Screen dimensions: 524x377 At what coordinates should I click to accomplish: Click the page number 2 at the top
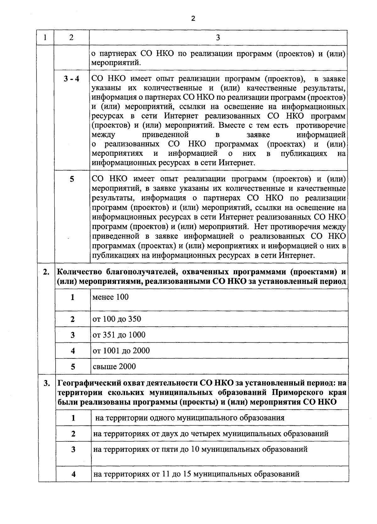(x=193, y=19)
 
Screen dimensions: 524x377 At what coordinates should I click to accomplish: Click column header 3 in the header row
(x=218, y=38)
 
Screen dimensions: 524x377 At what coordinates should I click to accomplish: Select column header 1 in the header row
(x=46, y=38)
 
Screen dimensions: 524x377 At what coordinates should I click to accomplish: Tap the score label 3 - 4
(x=72, y=79)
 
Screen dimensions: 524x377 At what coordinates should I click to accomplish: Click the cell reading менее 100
(x=111, y=297)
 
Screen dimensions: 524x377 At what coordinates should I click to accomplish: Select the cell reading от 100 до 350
(x=117, y=319)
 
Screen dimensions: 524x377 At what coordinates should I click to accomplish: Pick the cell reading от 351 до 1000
(x=119, y=335)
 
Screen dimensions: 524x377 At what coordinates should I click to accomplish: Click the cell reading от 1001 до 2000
(x=121, y=351)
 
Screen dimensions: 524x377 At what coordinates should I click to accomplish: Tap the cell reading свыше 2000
(x=114, y=367)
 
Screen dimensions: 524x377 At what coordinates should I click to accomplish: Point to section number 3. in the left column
(x=47, y=384)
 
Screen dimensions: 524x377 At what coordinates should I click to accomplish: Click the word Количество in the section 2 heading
(x=80, y=272)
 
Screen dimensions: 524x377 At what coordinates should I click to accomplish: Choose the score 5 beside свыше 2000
(x=73, y=367)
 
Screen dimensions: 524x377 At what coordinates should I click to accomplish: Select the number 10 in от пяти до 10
(x=195, y=450)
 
